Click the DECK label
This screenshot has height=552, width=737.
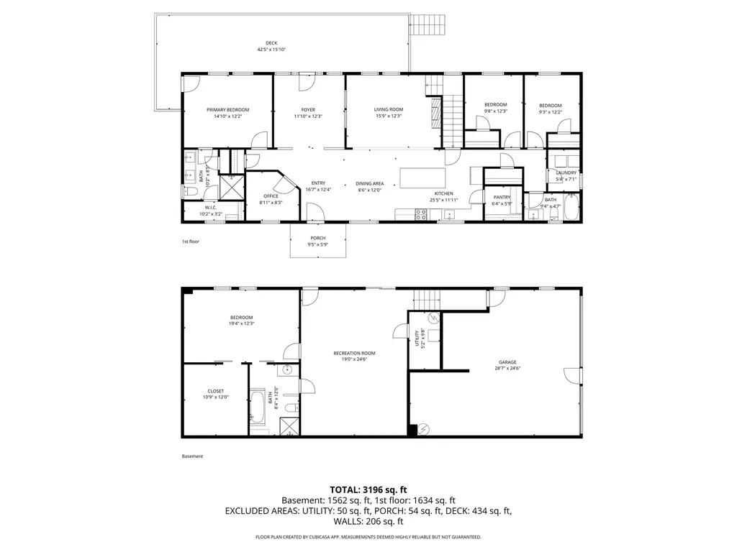271,43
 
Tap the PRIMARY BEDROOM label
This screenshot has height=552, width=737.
227,110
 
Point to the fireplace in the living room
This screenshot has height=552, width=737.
434,112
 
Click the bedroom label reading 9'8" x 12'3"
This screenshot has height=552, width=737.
495,111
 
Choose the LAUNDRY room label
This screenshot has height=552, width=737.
566,172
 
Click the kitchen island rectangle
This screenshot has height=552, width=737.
422,177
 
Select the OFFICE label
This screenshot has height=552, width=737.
271,196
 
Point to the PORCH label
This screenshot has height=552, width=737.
317,238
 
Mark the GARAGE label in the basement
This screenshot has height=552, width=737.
507,362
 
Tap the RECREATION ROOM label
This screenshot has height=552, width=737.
354,353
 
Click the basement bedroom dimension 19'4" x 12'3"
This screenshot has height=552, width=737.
241,324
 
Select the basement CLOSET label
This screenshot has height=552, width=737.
215,392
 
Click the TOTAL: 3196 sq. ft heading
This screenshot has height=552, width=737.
368,489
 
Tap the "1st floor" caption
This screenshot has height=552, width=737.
190,241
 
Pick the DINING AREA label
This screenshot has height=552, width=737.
369,183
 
